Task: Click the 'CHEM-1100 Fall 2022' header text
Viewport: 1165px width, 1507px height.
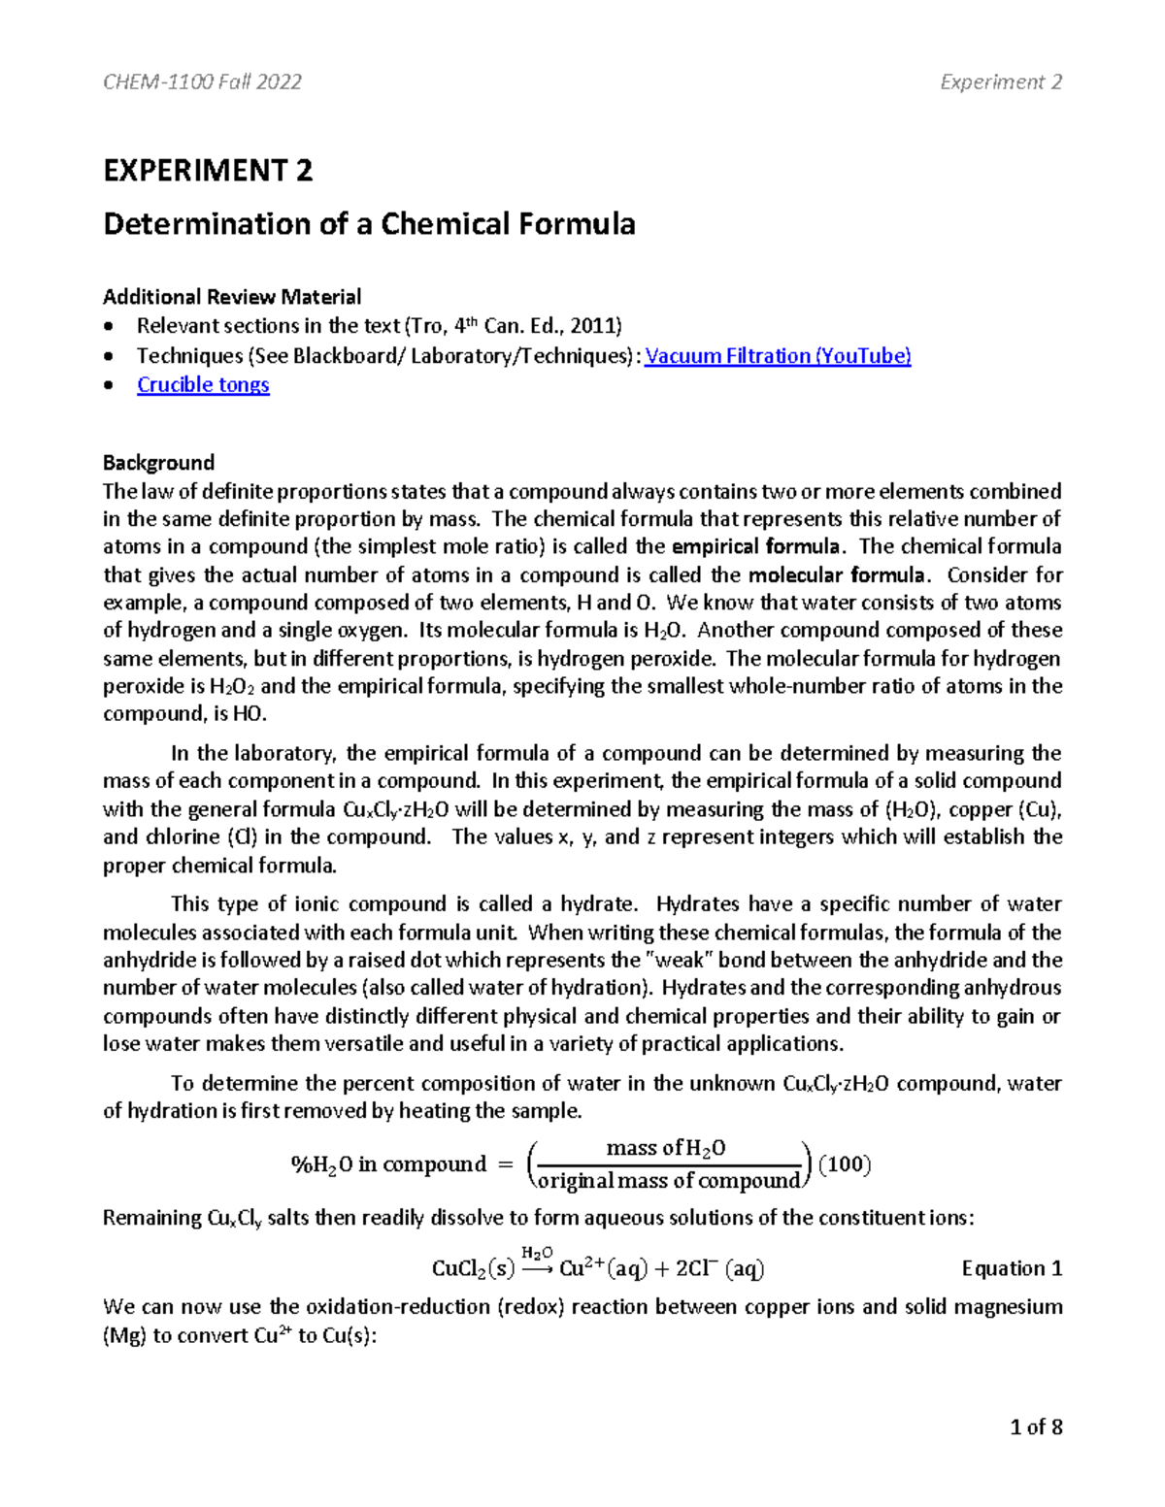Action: pyautogui.click(x=202, y=82)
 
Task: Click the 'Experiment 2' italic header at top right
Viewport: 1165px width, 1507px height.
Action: pyautogui.click(x=1001, y=82)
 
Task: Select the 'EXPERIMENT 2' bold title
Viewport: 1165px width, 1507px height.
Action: pyautogui.click(x=208, y=171)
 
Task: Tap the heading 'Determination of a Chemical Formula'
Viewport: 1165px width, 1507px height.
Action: pyautogui.click(x=369, y=224)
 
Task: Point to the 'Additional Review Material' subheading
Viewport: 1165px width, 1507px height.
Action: pyautogui.click(x=232, y=297)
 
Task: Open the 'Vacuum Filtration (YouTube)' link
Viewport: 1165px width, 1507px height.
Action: pyautogui.click(x=778, y=356)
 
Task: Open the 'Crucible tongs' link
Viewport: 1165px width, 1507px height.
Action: pyautogui.click(x=203, y=385)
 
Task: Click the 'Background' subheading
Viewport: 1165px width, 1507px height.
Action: pyautogui.click(x=158, y=463)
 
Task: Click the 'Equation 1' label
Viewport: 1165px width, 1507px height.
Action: pyautogui.click(x=1012, y=1268)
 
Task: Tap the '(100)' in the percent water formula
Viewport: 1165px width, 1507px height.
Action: pyautogui.click(x=845, y=1163)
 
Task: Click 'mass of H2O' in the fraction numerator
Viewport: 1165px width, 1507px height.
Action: pyautogui.click(x=665, y=1149)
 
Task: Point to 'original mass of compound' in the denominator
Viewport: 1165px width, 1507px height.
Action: pyautogui.click(x=668, y=1181)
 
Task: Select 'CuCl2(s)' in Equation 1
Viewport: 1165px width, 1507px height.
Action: pyautogui.click(x=473, y=1269)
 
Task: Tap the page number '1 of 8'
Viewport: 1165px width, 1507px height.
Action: pyautogui.click(x=1036, y=1426)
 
